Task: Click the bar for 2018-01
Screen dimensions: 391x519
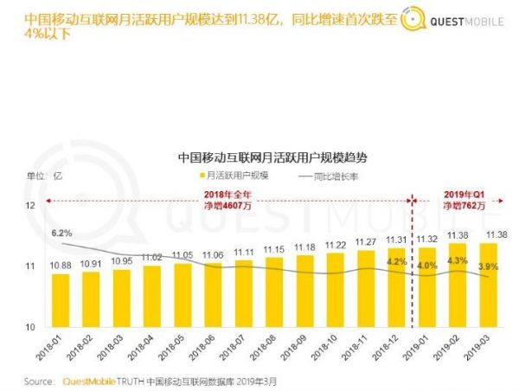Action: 61,299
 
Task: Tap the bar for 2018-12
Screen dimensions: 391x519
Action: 396,286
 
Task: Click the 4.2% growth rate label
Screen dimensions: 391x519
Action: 396,260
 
